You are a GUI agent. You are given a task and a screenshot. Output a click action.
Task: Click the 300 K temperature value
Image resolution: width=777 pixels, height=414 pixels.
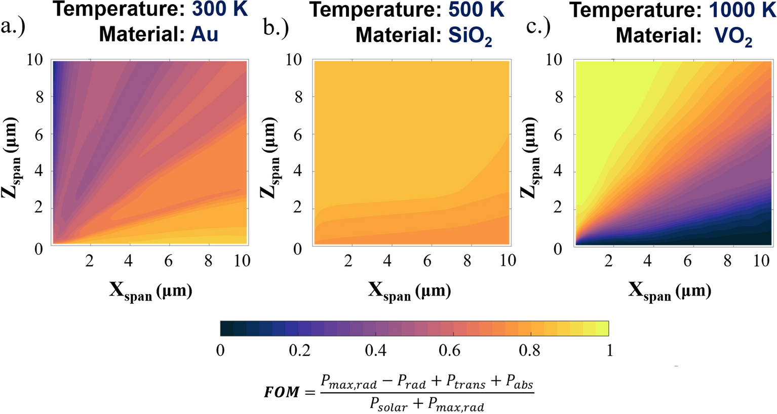tap(220, 9)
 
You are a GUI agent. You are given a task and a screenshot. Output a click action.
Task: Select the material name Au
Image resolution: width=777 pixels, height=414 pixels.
tap(204, 34)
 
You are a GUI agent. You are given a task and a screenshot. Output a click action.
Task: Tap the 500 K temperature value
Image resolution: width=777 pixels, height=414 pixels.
tap(476, 9)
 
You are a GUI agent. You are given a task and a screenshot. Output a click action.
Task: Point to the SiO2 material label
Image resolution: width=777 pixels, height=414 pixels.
tap(470, 35)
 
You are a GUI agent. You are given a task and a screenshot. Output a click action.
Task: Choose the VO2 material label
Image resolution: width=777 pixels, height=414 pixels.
tap(732, 36)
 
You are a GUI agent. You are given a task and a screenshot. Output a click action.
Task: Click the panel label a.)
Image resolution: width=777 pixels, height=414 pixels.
tap(14, 26)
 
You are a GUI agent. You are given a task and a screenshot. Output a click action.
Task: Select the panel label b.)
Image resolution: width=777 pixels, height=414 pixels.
tap(276, 28)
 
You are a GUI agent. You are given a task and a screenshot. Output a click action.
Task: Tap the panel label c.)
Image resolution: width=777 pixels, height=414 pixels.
tap(538, 26)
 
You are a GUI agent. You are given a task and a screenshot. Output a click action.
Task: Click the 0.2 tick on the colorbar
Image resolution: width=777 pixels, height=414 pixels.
tap(299, 350)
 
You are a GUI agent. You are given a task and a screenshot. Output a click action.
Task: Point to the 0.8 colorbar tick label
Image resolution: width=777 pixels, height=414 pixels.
tap(529, 350)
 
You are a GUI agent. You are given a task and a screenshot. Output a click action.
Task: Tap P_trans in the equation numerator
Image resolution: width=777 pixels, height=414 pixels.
tap(466, 385)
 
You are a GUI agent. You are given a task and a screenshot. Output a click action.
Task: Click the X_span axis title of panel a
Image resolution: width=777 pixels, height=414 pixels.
tap(150, 292)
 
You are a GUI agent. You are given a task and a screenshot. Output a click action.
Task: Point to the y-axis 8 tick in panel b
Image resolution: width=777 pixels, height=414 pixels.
tap(298, 97)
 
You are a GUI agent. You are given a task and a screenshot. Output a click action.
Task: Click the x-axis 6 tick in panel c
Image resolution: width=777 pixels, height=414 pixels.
tap(687, 261)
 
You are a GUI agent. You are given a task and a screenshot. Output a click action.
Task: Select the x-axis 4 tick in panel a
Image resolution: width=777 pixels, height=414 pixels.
tap(129, 261)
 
